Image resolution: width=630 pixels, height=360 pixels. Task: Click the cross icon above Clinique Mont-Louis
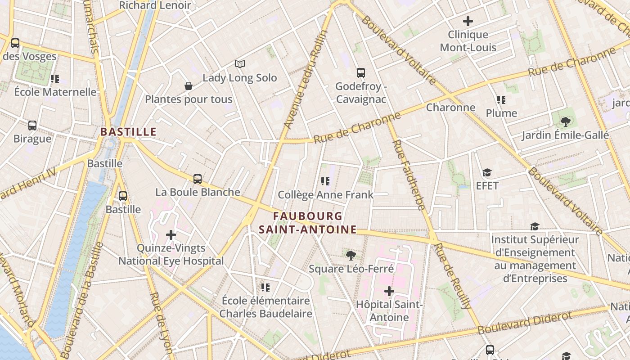[x=468, y=21]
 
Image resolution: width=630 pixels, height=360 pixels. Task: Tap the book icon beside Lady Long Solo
[x=240, y=64]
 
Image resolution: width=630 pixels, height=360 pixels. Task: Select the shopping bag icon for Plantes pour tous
[x=189, y=85]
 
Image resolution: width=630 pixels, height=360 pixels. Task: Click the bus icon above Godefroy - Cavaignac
[x=360, y=72]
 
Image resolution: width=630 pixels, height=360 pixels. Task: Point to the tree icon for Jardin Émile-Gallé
[x=565, y=121]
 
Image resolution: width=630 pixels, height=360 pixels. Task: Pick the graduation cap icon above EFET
[x=487, y=172]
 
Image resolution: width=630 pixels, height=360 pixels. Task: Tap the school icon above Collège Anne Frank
[x=325, y=181]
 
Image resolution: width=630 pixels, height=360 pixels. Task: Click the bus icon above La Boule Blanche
[x=197, y=179]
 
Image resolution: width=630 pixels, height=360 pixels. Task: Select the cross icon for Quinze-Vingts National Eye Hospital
[x=171, y=234]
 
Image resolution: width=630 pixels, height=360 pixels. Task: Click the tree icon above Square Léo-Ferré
[x=351, y=255]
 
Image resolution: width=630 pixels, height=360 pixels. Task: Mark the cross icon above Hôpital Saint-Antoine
[x=389, y=291]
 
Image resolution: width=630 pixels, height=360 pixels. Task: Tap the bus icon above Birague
[x=32, y=125]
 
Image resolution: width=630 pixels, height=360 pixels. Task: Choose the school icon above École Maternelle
[x=55, y=79]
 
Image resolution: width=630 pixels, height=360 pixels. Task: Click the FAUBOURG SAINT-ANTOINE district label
[x=307, y=223]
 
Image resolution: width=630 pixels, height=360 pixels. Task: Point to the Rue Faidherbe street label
[x=409, y=175]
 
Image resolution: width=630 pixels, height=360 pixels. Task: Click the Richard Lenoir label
[x=155, y=5]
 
